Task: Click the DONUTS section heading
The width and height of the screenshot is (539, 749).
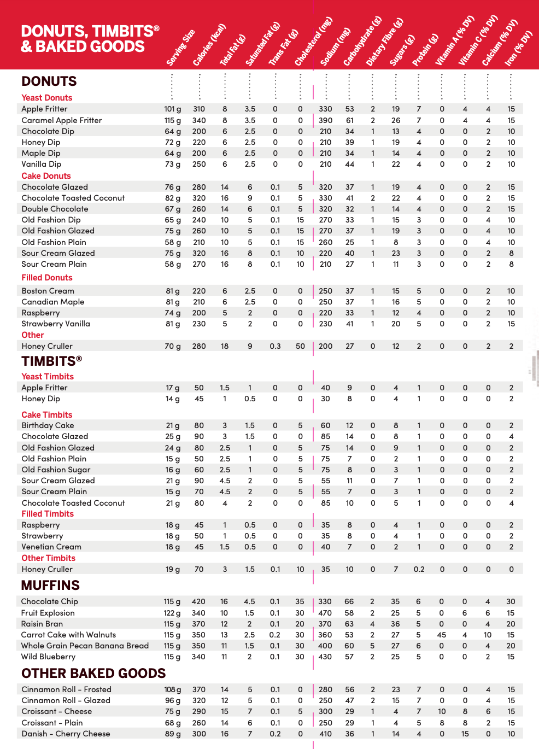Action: tap(49, 81)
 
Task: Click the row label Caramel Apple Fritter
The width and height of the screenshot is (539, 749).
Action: tap(61, 120)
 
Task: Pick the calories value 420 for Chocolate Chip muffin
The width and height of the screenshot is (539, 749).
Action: tap(198, 601)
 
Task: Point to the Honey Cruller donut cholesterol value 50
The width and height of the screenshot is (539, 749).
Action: tap(300, 346)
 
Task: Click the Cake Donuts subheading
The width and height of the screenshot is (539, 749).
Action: tap(46, 176)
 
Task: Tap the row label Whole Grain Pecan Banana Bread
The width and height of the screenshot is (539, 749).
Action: tap(85, 646)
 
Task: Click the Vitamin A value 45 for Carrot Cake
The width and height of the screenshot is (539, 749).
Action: tap(441, 635)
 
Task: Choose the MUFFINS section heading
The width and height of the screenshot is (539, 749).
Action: tap(50, 586)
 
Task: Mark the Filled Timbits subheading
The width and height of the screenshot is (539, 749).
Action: tap(47, 514)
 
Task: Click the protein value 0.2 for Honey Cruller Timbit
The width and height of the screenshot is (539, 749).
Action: tap(419, 569)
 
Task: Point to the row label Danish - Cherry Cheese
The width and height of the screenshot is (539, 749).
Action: tap(66, 734)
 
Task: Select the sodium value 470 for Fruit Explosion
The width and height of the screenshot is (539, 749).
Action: tap(325, 613)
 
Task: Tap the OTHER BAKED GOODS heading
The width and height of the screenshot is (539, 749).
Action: tap(93, 674)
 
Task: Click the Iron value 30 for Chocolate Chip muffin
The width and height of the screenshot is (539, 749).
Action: tap(511, 601)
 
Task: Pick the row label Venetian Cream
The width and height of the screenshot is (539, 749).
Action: tap(51, 547)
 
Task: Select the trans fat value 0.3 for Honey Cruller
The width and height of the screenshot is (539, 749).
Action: tap(275, 346)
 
